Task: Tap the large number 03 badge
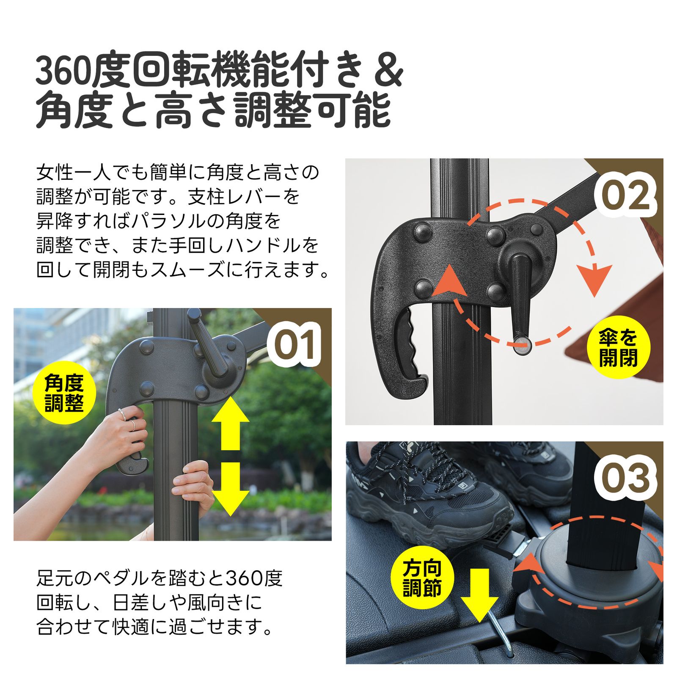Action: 625,478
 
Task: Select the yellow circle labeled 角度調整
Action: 64,393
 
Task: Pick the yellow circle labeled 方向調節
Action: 422,578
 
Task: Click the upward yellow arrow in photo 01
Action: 230,423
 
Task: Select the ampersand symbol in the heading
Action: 388,72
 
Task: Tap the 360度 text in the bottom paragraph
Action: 254,578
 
